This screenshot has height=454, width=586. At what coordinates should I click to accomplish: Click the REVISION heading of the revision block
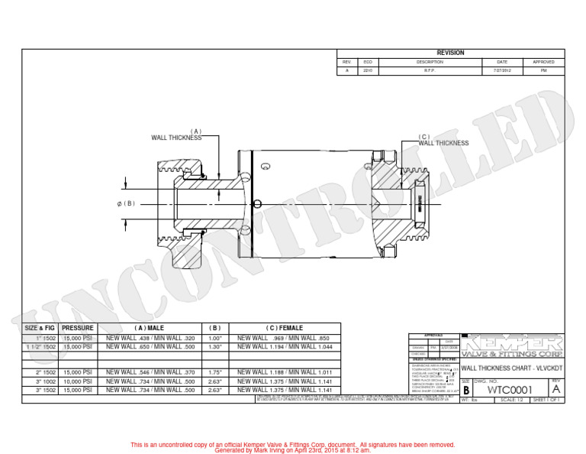click(450, 53)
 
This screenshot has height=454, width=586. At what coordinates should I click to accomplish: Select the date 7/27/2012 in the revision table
click(501, 70)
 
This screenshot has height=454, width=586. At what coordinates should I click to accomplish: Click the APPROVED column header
click(543, 61)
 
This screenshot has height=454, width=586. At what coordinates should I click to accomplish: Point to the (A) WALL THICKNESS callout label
click(177, 135)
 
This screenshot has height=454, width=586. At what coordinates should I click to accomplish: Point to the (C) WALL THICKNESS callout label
click(443, 140)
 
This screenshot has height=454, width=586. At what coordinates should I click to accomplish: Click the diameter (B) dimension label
click(126, 203)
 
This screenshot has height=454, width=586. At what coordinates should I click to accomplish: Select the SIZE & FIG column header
click(40, 328)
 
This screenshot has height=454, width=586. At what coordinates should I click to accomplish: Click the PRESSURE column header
click(78, 328)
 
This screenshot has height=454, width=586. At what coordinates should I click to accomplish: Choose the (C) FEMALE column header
click(284, 328)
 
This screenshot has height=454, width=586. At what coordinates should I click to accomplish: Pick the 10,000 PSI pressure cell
click(78, 381)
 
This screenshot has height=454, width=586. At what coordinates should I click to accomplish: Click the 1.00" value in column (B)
click(214, 338)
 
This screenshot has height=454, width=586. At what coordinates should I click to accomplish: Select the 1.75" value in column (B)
click(214, 371)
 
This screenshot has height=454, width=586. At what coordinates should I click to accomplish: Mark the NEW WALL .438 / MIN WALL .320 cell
click(150, 338)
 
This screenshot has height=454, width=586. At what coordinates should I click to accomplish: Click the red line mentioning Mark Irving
click(292, 450)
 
